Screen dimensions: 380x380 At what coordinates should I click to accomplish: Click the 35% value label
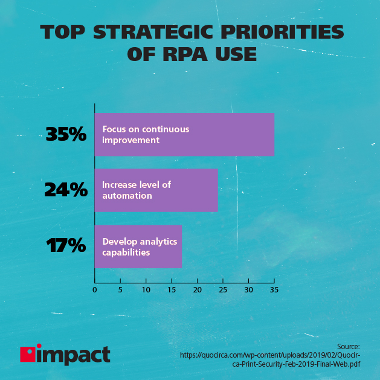tap(66, 134)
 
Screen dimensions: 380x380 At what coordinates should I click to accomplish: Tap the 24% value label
tap(66, 190)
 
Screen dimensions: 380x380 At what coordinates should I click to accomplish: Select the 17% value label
tap(66, 246)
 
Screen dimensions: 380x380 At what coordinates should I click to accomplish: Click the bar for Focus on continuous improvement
tap(184, 135)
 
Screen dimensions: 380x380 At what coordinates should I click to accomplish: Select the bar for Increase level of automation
tap(156, 190)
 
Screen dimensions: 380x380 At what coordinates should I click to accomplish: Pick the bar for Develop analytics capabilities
tap(138, 246)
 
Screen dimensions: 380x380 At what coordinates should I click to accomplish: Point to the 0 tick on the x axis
tap(94, 290)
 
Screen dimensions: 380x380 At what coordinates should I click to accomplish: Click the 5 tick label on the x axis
tap(120, 290)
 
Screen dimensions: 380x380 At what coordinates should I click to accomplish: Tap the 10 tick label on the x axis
tap(146, 290)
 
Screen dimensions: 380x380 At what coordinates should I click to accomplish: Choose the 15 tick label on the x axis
tap(172, 290)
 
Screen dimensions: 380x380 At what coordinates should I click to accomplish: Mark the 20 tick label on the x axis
tap(197, 290)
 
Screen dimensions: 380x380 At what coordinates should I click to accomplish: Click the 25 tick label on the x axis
tap(223, 290)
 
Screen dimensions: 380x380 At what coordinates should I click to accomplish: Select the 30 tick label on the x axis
tap(248, 290)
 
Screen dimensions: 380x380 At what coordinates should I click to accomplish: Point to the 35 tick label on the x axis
tap(274, 290)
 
